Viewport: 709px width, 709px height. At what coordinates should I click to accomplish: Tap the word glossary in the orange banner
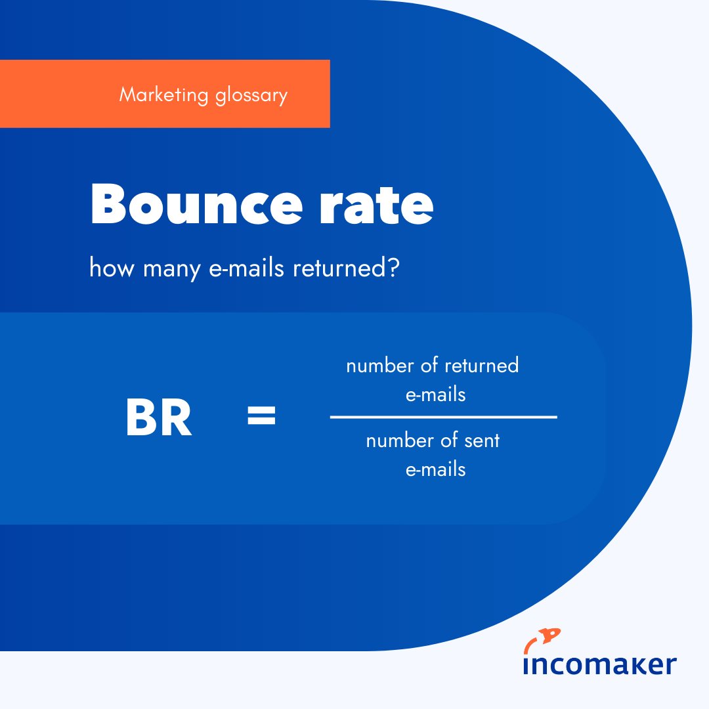tap(251, 96)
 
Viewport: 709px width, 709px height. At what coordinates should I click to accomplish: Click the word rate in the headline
tap(372, 205)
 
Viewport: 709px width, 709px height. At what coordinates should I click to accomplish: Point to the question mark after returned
tap(393, 269)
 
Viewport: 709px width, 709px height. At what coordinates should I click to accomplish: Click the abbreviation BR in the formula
tap(158, 419)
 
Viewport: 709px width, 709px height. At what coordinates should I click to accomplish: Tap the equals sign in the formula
tap(261, 416)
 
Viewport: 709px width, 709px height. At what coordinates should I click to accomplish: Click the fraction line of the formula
tap(443, 416)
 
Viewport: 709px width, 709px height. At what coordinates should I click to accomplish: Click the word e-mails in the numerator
tap(435, 395)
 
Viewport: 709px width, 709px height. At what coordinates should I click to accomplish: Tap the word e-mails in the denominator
tap(435, 469)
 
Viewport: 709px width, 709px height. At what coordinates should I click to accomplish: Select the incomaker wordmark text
tap(599, 664)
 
